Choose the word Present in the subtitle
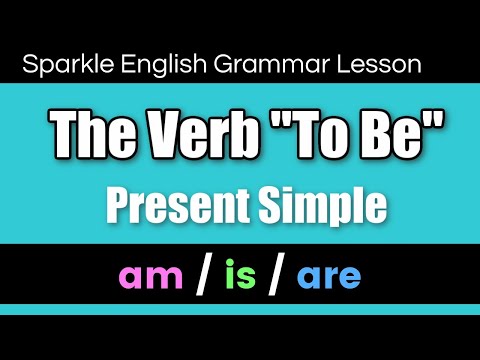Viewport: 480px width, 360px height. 167,205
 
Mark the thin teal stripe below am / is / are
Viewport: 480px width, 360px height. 240,309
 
